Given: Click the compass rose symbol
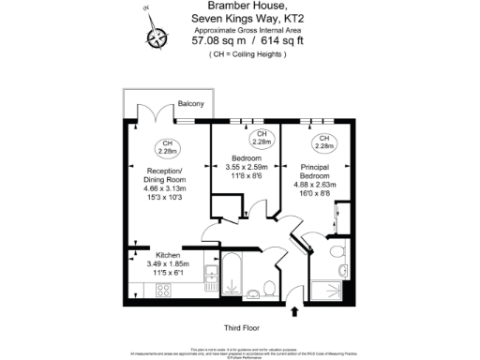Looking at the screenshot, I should tap(155, 36).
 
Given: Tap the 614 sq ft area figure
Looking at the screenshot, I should tap(268, 41).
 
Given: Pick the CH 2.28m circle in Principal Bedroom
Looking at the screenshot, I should tap(324, 142).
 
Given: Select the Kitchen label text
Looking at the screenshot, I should tap(143, 254).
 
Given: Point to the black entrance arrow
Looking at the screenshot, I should tap(297, 310).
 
